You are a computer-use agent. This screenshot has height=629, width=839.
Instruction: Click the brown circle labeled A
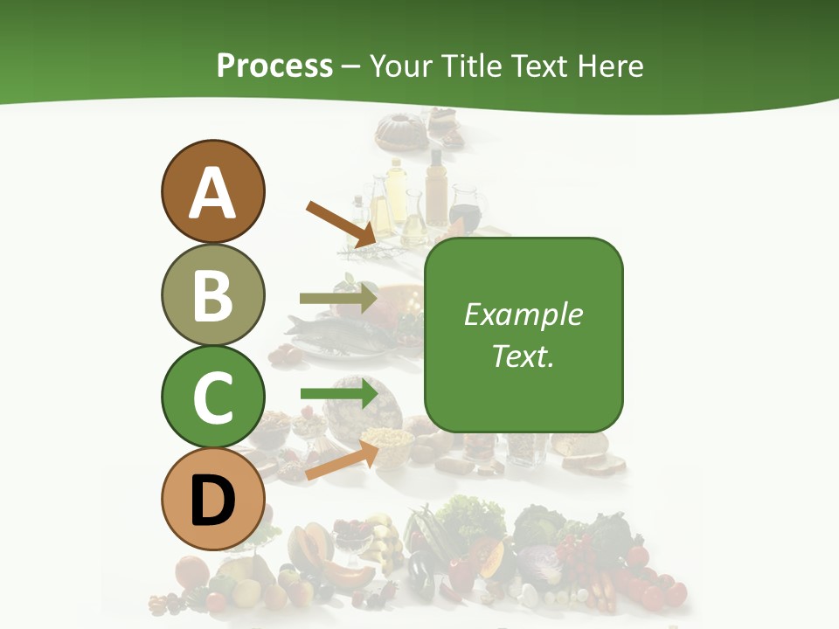pos(212,191)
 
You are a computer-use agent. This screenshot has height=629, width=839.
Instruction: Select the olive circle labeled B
pos(212,294)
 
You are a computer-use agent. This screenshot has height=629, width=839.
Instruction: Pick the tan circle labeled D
pos(212,499)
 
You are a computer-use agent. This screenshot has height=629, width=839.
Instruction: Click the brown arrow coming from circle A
pos(341,223)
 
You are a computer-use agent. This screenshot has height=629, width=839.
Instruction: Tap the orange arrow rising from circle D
pos(342,460)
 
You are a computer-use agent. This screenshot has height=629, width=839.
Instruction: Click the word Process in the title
pos(274,66)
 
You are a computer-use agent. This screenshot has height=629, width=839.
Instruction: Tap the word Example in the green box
pos(523,314)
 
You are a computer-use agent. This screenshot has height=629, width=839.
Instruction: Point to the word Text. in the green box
pos(523,356)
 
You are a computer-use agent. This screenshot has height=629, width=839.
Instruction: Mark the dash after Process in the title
pos(351,66)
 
